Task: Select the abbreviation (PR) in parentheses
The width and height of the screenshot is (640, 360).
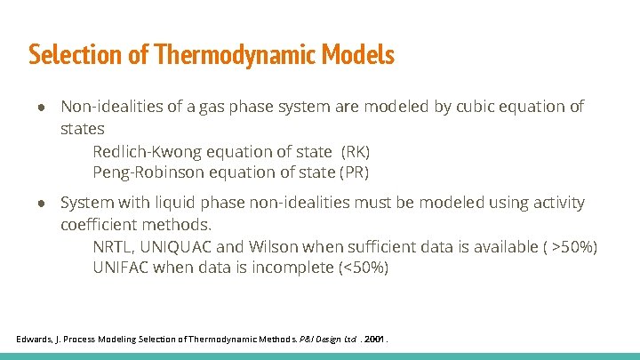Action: (354, 172)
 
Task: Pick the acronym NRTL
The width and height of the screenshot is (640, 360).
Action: (113, 246)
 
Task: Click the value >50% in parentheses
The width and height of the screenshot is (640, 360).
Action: (573, 246)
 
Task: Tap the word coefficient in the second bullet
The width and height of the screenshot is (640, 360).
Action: (102, 224)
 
